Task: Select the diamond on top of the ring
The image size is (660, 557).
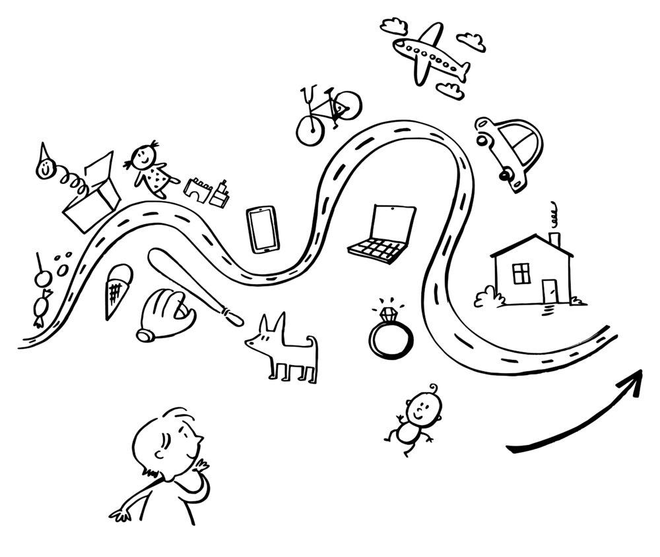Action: pos(387,311)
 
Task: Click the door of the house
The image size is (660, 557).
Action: pos(549,289)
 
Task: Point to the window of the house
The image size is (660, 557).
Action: pos(521,272)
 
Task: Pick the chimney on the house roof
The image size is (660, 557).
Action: pos(554,239)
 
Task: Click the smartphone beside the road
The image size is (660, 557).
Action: pos(263,229)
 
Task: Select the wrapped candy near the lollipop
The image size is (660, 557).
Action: pos(40,308)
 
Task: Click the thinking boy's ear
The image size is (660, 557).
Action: pos(159,455)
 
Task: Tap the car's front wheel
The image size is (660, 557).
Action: pos(506,175)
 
